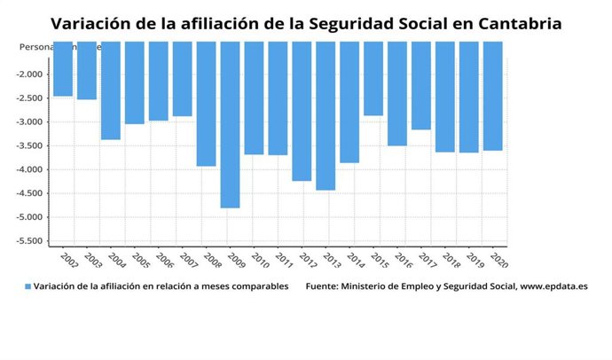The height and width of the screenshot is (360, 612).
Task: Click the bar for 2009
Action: pyautogui.click(x=230, y=124)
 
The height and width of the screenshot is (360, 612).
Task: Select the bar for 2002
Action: pyautogui.click(x=63, y=68)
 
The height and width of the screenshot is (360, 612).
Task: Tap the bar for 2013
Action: pyautogui.click(x=326, y=115)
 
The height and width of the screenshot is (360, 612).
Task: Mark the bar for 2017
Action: pyautogui.click(x=420, y=85)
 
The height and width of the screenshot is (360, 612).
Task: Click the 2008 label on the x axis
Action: pyautogui.click(x=212, y=259)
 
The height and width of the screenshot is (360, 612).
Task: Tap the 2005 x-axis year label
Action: pyautogui.click(x=140, y=259)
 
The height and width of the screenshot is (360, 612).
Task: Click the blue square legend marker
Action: pyautogui.click(x=27, y=286)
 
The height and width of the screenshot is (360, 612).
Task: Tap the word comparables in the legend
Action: pyautogui.click(x=255, y=286)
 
